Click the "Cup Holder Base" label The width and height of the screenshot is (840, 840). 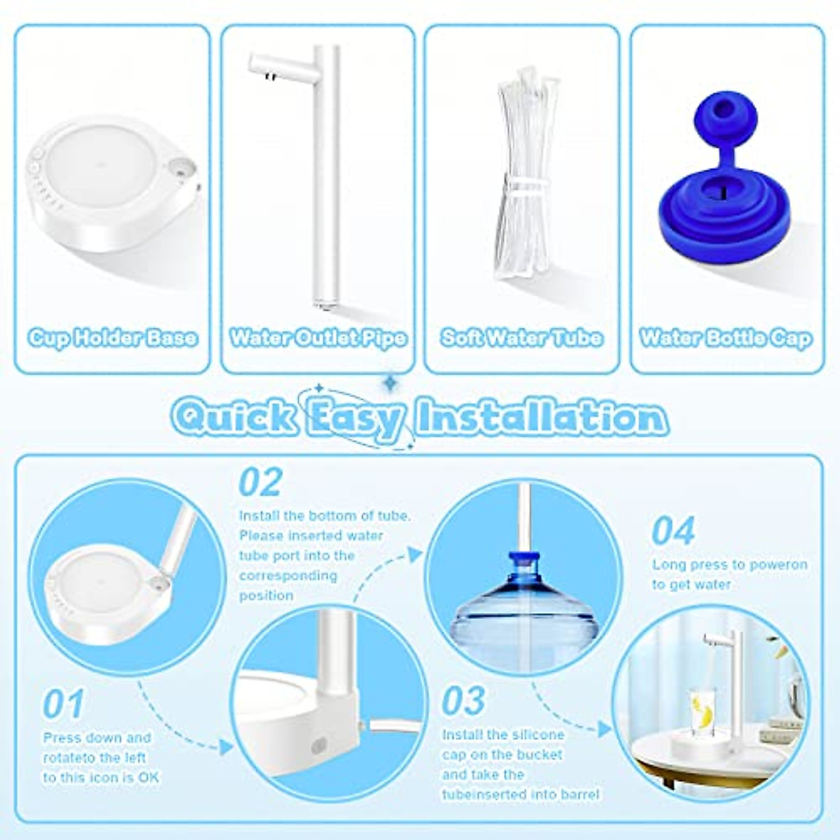113,338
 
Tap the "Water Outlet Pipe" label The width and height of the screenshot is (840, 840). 318,338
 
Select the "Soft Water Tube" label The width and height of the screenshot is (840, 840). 521,338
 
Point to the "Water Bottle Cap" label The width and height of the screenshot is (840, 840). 727,338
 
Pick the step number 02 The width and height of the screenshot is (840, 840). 260,482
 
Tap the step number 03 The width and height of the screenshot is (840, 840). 463,701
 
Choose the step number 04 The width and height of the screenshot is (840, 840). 673,531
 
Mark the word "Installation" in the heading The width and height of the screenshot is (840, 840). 541,418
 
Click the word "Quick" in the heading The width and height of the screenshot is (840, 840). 234,418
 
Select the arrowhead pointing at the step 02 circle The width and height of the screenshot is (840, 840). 226,748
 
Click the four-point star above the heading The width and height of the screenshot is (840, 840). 389,382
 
